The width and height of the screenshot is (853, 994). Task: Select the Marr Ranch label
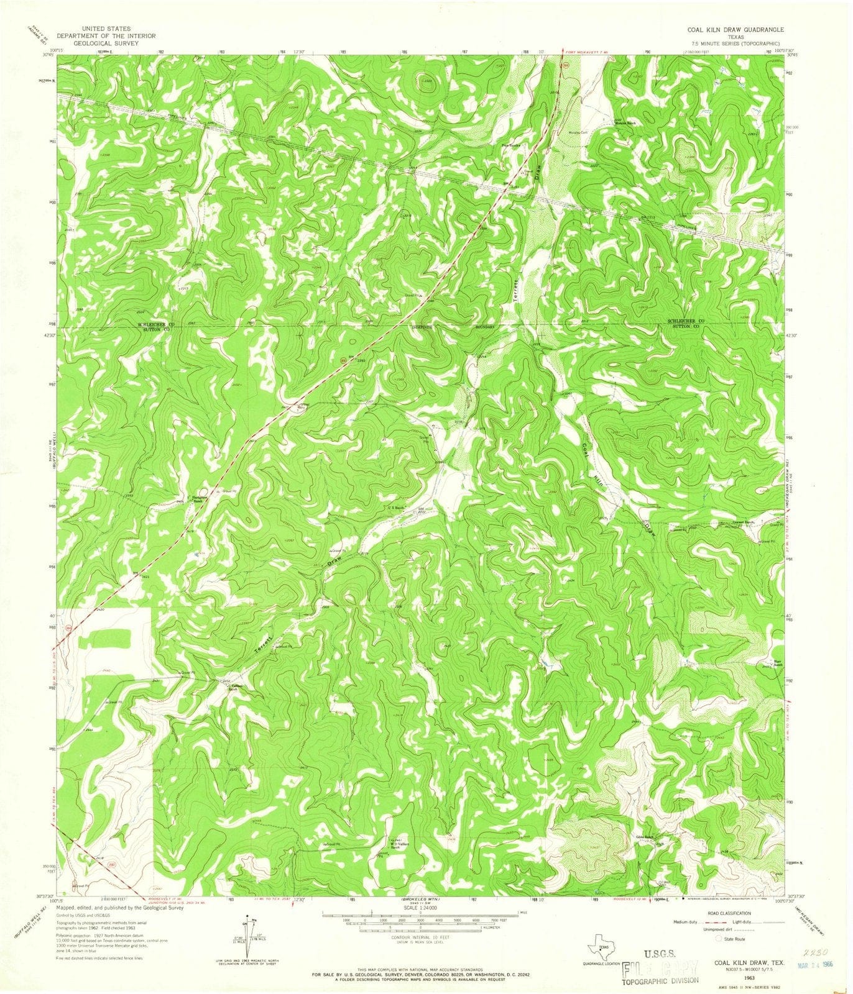click(777, 662)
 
